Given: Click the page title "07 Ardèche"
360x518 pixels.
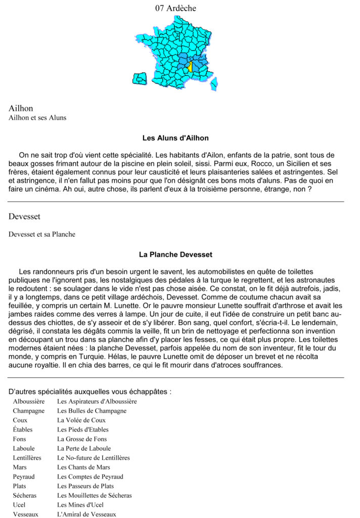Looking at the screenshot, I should (x=175, y=8).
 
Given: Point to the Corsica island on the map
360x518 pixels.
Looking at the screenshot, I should (x=214, y=83).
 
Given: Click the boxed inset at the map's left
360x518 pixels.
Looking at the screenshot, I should (x=139, y=78).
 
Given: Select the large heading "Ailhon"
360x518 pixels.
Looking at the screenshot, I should (x=20, y=108).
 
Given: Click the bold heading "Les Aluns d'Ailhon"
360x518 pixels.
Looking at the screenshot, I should (x=175, y=138).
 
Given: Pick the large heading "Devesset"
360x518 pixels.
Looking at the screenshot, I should (x=24, y=217).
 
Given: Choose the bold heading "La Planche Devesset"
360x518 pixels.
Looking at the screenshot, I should (x=175, y=254).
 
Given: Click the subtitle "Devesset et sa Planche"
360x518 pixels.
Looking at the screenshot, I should (x=42, y=234).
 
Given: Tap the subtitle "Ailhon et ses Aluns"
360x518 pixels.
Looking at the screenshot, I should (x=37, y=118).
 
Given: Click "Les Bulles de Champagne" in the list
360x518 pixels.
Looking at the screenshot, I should (x=92, y=411).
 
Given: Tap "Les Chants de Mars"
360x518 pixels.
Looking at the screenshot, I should (x=83, y=467).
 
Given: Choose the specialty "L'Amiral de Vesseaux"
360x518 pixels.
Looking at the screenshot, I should (x=86, y=514).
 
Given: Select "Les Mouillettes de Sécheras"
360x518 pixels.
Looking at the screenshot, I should (x=94, y=495).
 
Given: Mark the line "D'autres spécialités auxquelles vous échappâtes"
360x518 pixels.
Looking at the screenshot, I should (x=90, y=392).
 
